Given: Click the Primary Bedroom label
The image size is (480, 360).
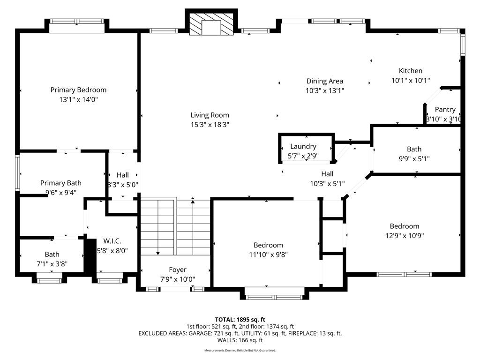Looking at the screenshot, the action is [78, 90].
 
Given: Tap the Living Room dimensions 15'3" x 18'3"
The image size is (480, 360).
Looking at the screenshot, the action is [210, 125].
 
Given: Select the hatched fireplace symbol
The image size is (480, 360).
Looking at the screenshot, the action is [211, 24].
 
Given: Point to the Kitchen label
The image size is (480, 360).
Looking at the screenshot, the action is [411, 71].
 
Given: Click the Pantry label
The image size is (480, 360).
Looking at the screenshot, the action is [445, 110].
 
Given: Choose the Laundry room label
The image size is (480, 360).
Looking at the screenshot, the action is [303, 146].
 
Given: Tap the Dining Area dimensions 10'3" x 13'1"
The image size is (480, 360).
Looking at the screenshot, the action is [325, 90].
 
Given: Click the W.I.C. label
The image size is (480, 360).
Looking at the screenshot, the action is [112, 241].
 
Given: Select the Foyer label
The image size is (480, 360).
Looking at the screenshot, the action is [178, 270].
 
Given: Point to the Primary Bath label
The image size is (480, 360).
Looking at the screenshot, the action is [61, 183].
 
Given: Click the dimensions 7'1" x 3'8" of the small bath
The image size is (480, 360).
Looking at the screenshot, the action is [52, 264].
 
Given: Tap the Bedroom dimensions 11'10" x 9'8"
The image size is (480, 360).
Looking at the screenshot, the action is [268, 255].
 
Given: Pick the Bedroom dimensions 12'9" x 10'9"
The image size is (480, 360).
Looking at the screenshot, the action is [405, 236].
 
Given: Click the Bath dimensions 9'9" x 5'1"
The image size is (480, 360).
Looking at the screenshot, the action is [414, 158].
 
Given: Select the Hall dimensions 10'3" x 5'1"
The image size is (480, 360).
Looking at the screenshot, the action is [327, 184].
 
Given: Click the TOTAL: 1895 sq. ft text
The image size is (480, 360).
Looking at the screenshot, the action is [240, 320].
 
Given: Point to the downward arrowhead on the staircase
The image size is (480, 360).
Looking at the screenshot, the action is [158, 253].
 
